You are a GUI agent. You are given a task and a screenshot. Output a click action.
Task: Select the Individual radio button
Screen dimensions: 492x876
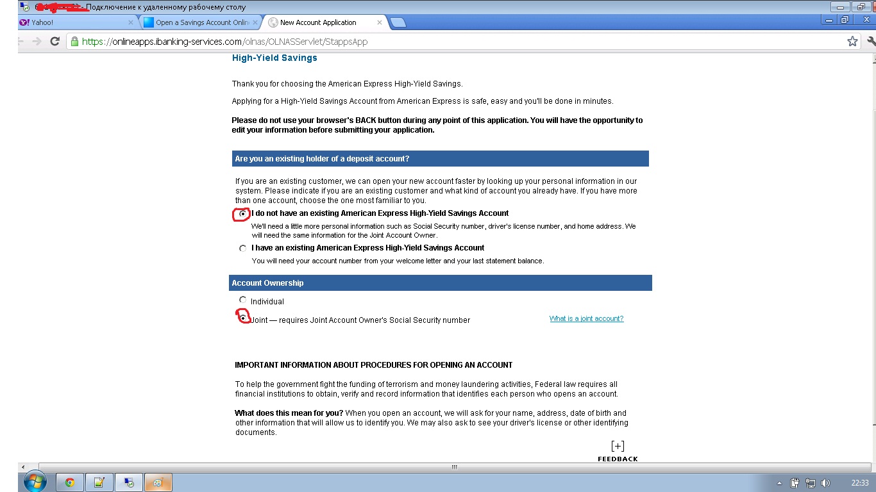(x=242, y=300)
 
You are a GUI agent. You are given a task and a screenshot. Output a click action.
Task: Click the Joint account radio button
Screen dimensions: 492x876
(x=243, y=317)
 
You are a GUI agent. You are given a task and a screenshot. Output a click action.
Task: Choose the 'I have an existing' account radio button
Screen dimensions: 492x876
(x=242, y=249)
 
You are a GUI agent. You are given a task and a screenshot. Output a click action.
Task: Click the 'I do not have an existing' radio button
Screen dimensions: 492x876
(x=242, y=214)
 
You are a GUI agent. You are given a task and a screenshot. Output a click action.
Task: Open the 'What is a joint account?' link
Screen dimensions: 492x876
(x=586, y=318)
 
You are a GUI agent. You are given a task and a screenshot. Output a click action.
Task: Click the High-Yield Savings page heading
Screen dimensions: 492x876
(x=274, y=58)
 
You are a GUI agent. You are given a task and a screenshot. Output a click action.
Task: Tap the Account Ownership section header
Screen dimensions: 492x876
(x=268, y=283)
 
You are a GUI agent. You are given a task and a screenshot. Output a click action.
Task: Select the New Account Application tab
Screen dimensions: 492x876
(x=318, y=22)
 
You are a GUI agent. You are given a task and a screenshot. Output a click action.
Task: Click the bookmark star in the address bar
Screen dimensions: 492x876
(x=852, y=42)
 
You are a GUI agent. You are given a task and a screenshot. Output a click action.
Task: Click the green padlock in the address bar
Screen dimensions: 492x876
(x=75, y=42)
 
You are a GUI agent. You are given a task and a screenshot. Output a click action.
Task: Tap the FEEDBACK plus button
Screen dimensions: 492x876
(x=618, y=447)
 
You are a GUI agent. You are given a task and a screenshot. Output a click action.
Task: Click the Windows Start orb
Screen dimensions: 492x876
(x=35, y=482)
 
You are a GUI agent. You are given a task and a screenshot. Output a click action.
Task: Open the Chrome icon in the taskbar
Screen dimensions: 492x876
(x=70, y=482)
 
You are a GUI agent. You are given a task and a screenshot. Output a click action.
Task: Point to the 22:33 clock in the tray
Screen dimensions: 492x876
(x=860, y=482)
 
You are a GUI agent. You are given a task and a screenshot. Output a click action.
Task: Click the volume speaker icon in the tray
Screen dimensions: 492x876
(x=825, y=482)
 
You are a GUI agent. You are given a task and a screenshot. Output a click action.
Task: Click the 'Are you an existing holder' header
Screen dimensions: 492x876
(x=322, y=159)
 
